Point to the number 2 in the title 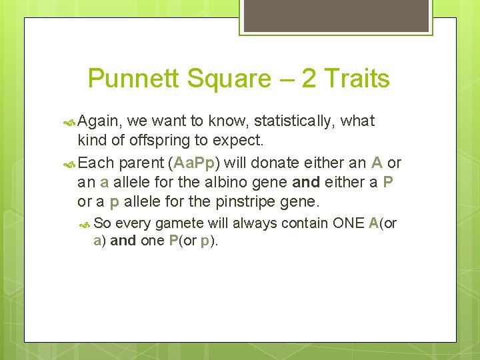tap(309, 79)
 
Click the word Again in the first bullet tap(99, 121)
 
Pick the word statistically tap(291, 121)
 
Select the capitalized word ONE tap(348, 223)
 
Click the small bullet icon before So tap(85, 224)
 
